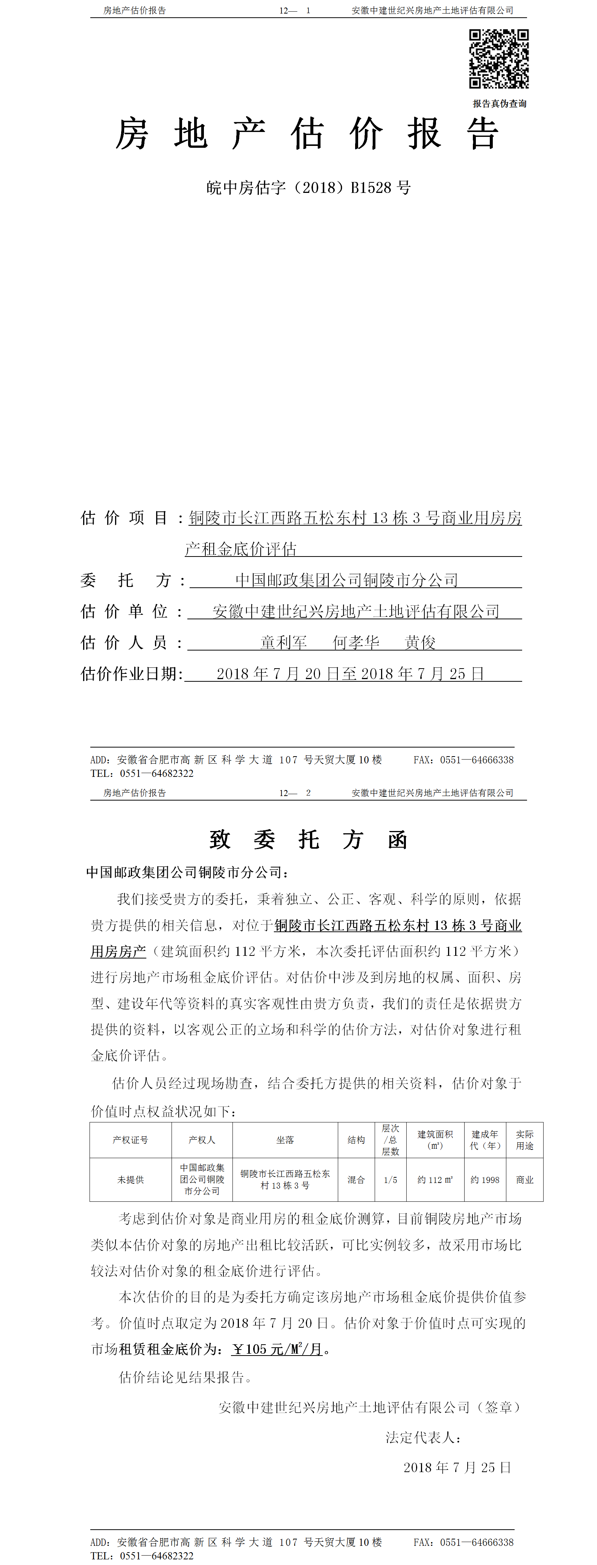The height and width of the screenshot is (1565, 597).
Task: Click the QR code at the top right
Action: pyautogui.click(x=498, y=59)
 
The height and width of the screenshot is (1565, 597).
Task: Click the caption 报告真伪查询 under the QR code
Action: pyautogui.click(x=499, y=103)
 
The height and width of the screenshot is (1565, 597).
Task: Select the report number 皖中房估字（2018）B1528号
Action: pyautogui.click(x=308, y=188)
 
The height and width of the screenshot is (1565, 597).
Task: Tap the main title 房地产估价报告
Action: pyautogui.click(x=307, y=133)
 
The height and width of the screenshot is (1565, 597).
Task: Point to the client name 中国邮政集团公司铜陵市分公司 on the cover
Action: pyautogui.click(x=346, y=580)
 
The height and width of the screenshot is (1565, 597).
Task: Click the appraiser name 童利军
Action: pyautogui.click(x=283, y=642)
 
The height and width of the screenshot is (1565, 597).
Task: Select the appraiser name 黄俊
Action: pyautogui.click(x=420, y=642)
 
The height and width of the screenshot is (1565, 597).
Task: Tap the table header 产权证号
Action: pyautogui.click(x=130, y=1140)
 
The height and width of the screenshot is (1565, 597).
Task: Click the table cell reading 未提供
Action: pyautogui.click(x=130, y=1180)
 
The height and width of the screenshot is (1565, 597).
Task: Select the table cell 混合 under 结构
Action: pyautogui.click(x=355, y=1180)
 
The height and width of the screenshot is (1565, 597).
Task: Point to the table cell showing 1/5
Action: pyautogui.click(x=390, y=1180)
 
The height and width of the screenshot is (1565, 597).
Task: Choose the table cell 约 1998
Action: pyautogui.click(x=485, y=1180)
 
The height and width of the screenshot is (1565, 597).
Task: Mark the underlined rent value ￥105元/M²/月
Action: pyautogui.click(x=277, y=1349)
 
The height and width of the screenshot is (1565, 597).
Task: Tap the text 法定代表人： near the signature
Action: pyautogui.click(x=423, y=1438)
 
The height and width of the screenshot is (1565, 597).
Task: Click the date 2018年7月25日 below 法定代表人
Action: pyautogui.click(x=457, y=1468)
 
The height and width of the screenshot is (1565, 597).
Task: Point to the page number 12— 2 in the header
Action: pyautogui.click(x=295, y=793)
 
